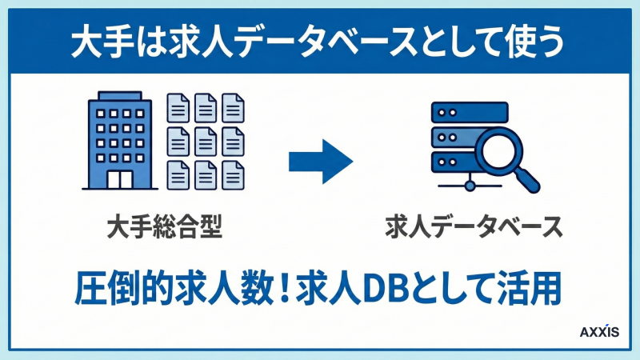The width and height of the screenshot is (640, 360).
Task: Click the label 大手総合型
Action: point(163,227)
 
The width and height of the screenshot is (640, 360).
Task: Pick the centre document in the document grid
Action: point(206,140)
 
